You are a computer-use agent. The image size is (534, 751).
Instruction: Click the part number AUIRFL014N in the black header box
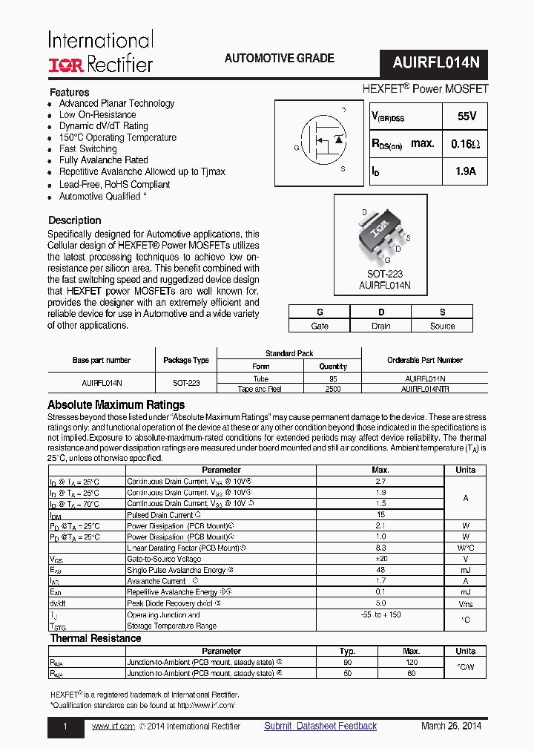(435, 64)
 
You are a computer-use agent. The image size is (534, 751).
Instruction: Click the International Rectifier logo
(100, 52)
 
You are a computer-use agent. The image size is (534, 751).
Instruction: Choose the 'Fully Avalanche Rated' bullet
(103, 160)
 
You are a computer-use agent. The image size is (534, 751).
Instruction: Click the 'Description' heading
(74, 220)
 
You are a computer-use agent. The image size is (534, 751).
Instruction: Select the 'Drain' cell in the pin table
(381, 326)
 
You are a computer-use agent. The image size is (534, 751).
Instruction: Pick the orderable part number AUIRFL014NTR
(424, 389)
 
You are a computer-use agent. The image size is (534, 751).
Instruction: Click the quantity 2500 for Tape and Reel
(333, 389)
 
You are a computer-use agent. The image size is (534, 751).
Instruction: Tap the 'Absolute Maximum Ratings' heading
(116, 405)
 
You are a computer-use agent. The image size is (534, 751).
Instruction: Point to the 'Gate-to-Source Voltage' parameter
(164, 559)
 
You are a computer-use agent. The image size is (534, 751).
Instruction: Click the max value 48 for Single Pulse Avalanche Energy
(380, 570)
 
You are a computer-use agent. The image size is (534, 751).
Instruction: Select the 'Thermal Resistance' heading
(95, 638)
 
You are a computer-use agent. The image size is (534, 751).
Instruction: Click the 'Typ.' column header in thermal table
(347, 651)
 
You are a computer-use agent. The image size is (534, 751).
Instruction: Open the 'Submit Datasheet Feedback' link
(320, 727)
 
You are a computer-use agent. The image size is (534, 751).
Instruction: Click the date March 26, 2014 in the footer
(451, 727)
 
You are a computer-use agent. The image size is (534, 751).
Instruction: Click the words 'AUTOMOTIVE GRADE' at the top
(279, 59)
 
